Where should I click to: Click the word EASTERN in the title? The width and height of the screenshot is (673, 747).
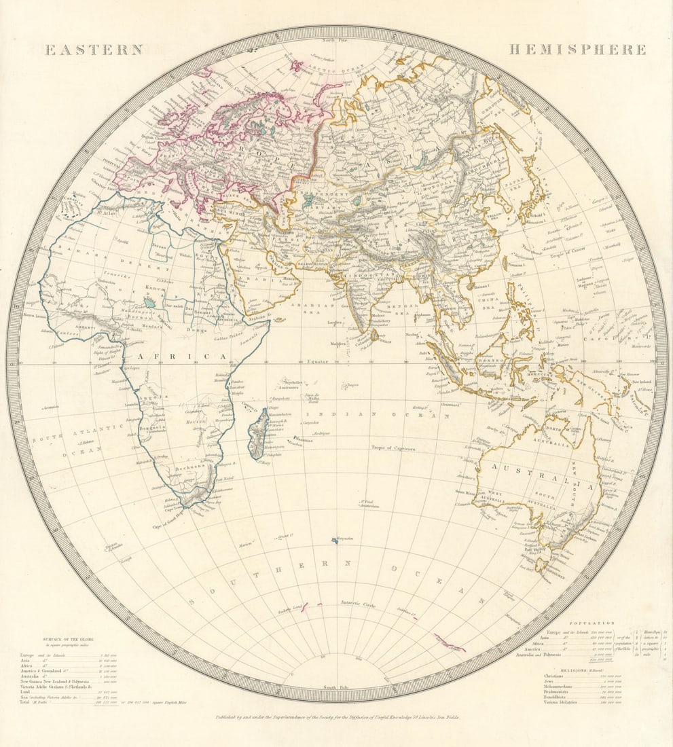tap(94, 50)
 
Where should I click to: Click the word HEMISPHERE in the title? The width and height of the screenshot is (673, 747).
tap(577, 50)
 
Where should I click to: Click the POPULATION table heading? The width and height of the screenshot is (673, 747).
tap(592, 623)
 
